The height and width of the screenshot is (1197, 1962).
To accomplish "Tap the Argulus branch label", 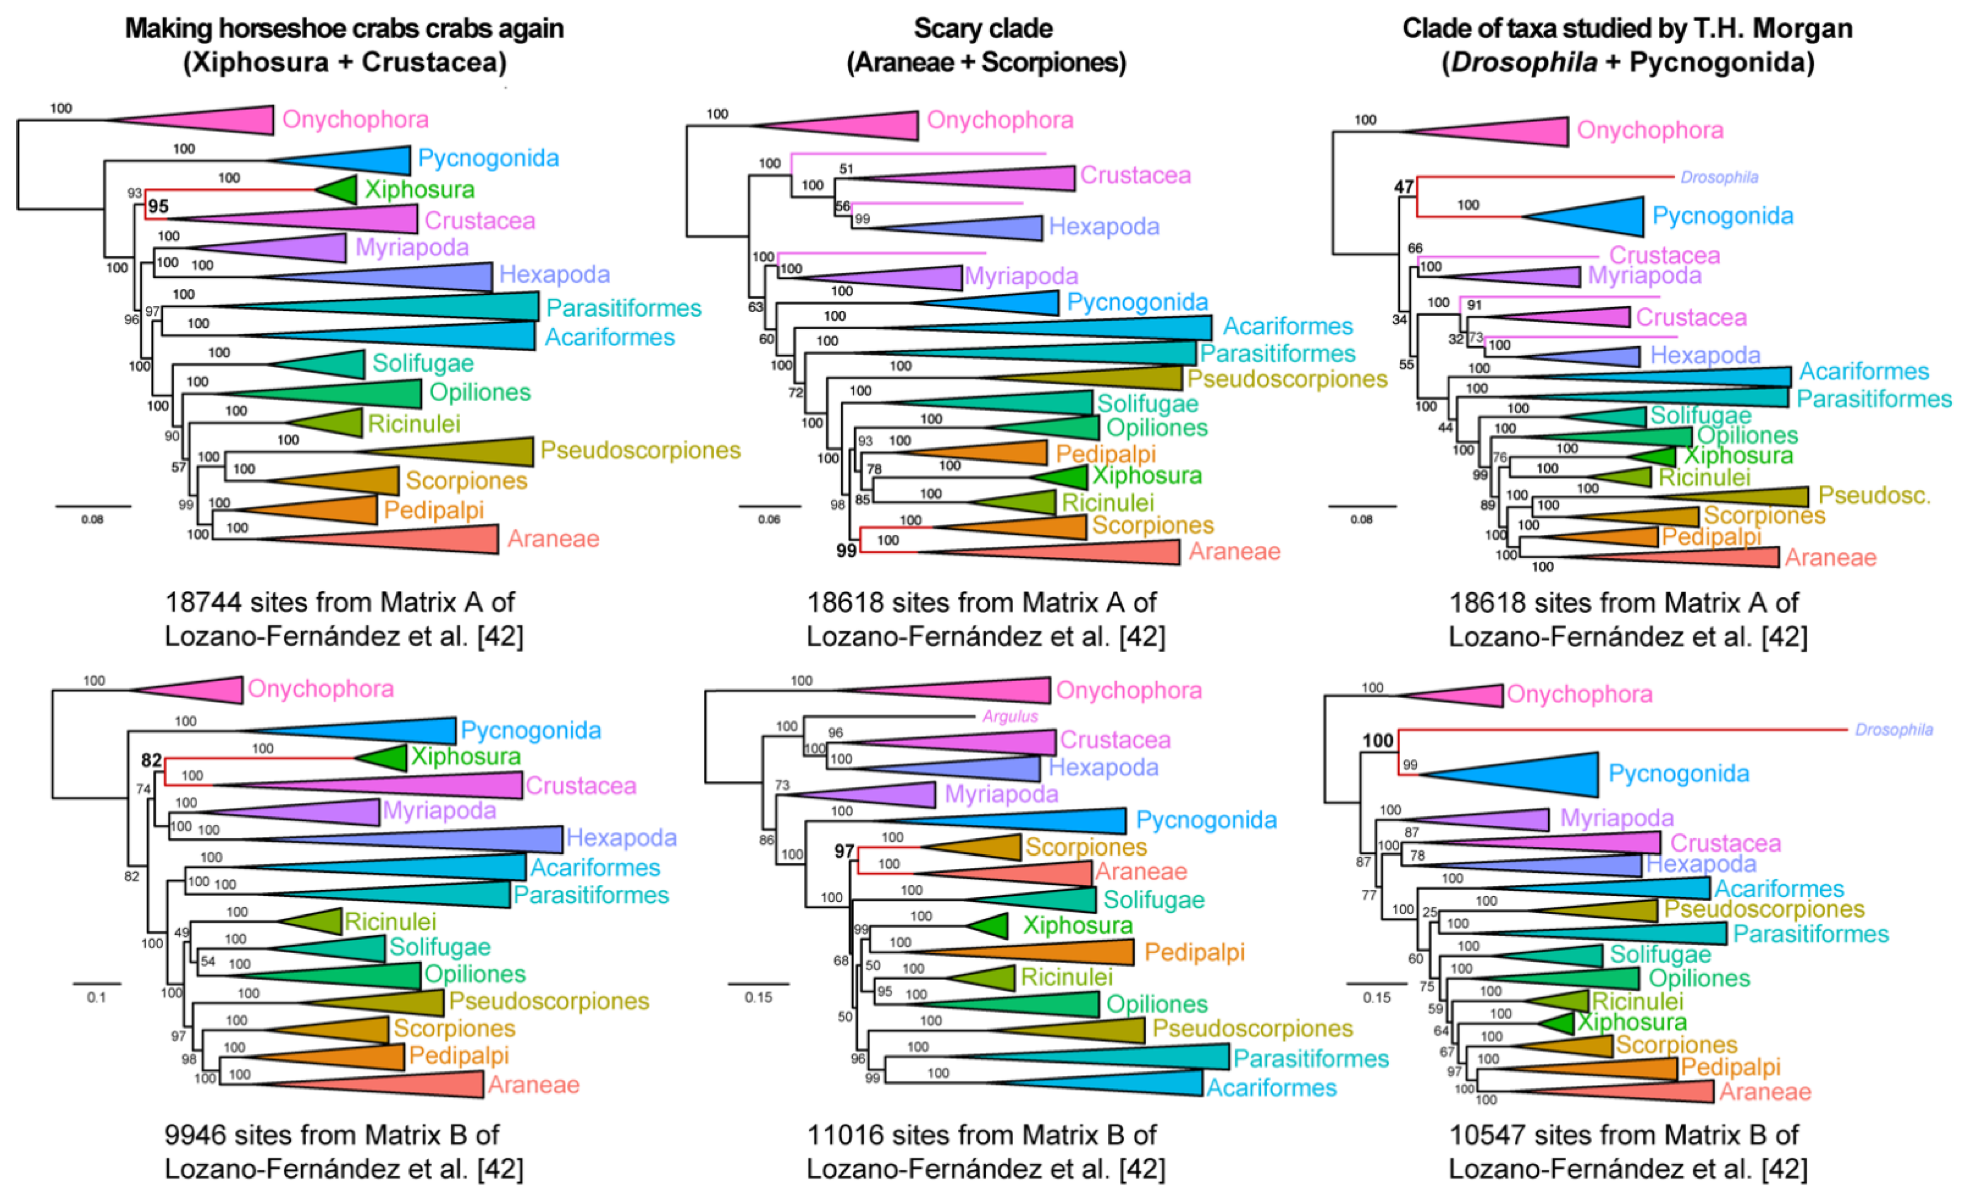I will [1010, 716].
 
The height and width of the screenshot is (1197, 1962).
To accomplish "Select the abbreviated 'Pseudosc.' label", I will [1874, 495].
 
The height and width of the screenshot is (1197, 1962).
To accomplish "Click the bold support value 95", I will [158, 206].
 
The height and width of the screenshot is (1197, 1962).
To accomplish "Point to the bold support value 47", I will [1404, 187].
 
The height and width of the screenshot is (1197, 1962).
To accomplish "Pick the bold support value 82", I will [151, 760].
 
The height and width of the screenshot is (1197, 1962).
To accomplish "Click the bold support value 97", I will [844, 851].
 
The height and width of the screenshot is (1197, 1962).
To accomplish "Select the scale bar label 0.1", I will [96, 997].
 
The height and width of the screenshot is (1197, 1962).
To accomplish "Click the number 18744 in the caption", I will [203, 602].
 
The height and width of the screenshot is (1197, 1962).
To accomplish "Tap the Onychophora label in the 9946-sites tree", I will [320, 688].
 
